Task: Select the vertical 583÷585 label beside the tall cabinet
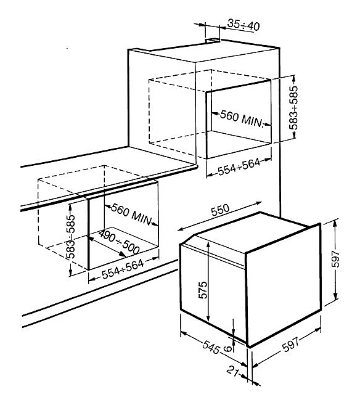coord(293,108)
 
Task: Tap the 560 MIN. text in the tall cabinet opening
coord(241,119)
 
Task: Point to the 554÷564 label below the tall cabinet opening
coord(239,167)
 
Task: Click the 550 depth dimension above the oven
coord(220,210)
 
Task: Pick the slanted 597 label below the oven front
coord(291,344)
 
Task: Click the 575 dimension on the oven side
coord(203,290)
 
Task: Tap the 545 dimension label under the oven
coord(211,347)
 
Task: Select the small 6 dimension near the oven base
coord(227,349)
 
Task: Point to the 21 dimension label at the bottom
coord(232,372)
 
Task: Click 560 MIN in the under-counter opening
coord(131,215)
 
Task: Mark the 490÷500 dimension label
coord(119,242)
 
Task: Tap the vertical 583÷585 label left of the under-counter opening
coord(70,237)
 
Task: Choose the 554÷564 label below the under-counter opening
coord(123,269)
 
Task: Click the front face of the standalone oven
coord(284,284)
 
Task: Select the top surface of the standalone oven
coord(251,232)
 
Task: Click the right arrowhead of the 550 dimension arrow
coord(259,203)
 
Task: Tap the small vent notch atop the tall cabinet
coord(213,40)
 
